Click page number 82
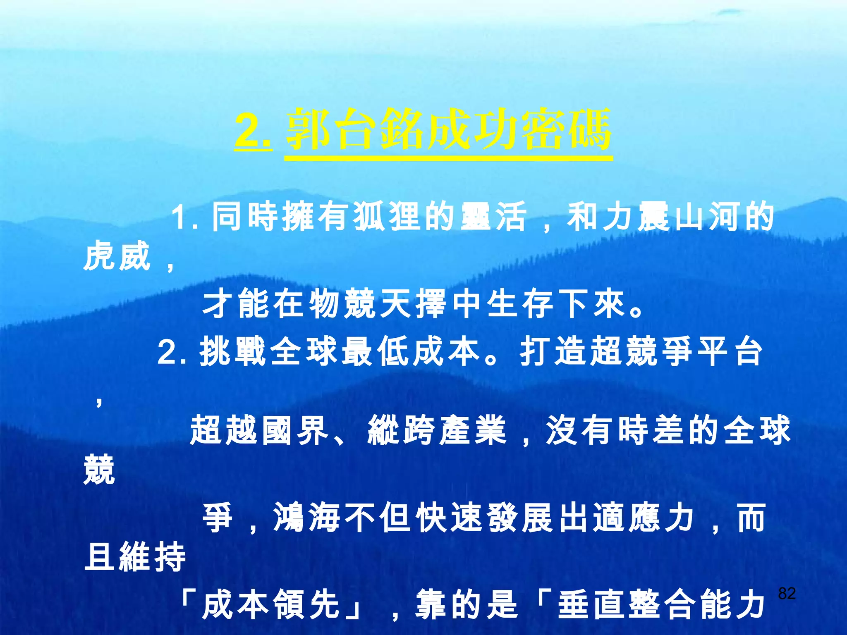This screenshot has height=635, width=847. [787, 593]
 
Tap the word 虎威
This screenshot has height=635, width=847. [117, 256]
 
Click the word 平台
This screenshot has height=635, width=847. [730, 352]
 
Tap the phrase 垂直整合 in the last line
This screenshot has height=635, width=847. [629, 604]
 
